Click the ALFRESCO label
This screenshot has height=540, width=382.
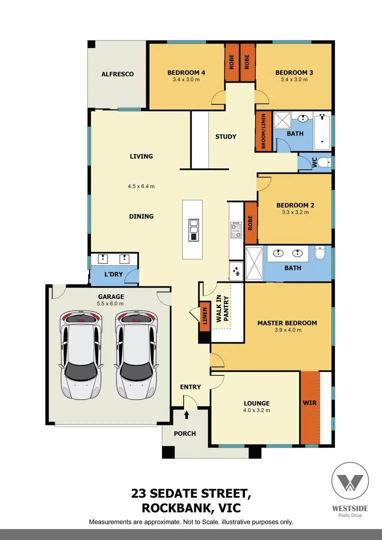pyautogui.click(x=117, y=74)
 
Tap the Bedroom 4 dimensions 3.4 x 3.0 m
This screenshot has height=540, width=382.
pyautogui.click(x=186, y=79)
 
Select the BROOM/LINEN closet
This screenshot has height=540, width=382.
pyautogui.click(x=263, y=131)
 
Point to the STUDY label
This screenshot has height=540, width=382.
pyautogui.click(x=225, y=136)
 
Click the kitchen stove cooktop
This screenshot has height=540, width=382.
pyautogui.click(x=236, y=230)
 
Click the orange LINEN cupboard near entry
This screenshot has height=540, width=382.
pyautogui.click(x=204, y=316)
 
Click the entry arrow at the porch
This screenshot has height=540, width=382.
pyautogui.click(x=187, y=414)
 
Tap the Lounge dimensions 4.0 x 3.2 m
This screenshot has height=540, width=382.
pyautogui.click(x=256, y=410)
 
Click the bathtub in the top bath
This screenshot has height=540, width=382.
pyautogui.click(x=323, y=131)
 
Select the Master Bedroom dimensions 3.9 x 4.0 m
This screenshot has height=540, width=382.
pyautogui.click(x=287, y=330)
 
